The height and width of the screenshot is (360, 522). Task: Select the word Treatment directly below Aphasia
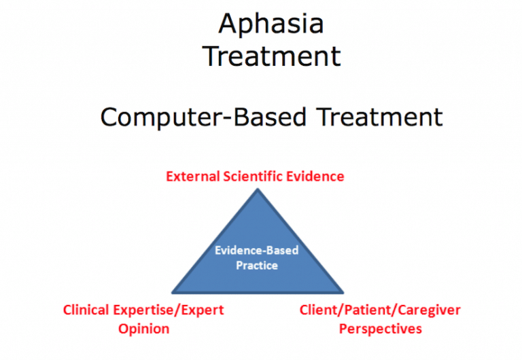point(271,56)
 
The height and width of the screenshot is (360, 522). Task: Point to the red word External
point(192,177)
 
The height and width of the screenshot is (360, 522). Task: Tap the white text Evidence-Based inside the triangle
point(256,250)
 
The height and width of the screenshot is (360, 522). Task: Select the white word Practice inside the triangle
point(256,265)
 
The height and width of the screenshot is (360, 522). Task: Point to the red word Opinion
point(143,329)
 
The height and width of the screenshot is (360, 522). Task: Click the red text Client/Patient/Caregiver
point(380,310)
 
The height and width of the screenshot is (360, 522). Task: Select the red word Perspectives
point(380,329)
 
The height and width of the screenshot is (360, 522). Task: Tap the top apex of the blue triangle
point(257,190)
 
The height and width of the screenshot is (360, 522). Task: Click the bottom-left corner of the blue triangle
point(172,291)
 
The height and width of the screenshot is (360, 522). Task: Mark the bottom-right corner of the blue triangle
point(343,291)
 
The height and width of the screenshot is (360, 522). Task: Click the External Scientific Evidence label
point(255,177)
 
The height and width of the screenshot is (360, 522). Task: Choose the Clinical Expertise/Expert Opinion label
point(143,319)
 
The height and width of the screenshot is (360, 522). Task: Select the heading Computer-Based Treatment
point(271,117)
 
